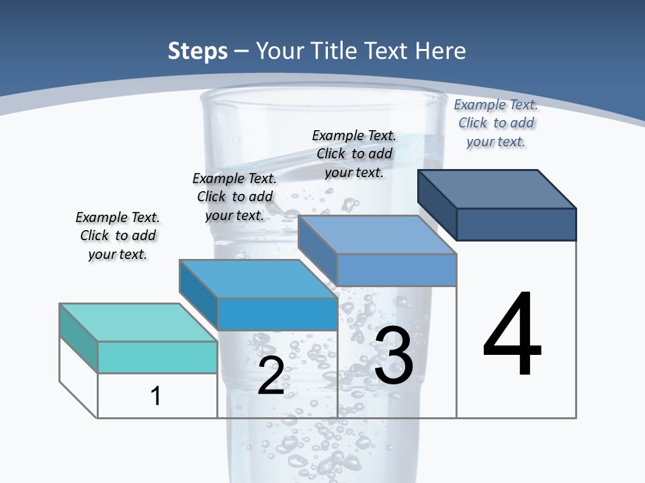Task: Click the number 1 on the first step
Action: pos(156,396)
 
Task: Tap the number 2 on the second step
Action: pos(271,376)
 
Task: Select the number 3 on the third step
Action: pos(394,356)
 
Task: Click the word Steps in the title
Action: pos(198,51)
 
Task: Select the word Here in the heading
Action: pos(439,51)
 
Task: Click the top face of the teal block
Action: pos(138,323)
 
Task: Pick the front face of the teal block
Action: pos(157,357)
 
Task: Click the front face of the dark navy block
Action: pos(516,224)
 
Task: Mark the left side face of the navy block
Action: pos(437,204)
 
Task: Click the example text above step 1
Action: pos(118,236)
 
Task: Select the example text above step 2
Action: pos(234,197)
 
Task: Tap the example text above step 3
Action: pos(354,154)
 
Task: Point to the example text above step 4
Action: pos(496,123)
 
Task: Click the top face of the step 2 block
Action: pos(258,278)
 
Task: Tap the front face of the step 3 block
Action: pos(396,270)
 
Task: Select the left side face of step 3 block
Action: pos(317,250)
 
